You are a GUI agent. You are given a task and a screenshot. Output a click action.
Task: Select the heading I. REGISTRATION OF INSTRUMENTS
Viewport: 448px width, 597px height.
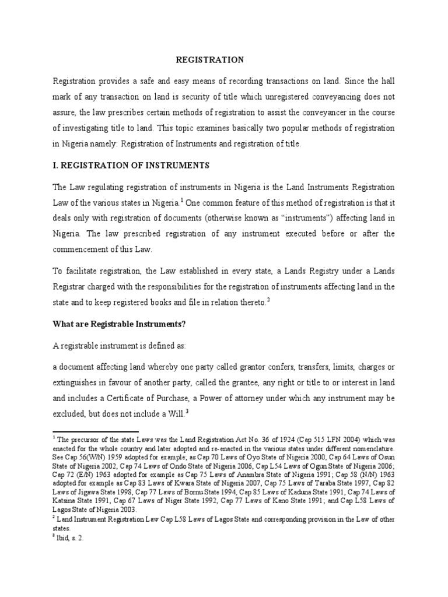[131, 166]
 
